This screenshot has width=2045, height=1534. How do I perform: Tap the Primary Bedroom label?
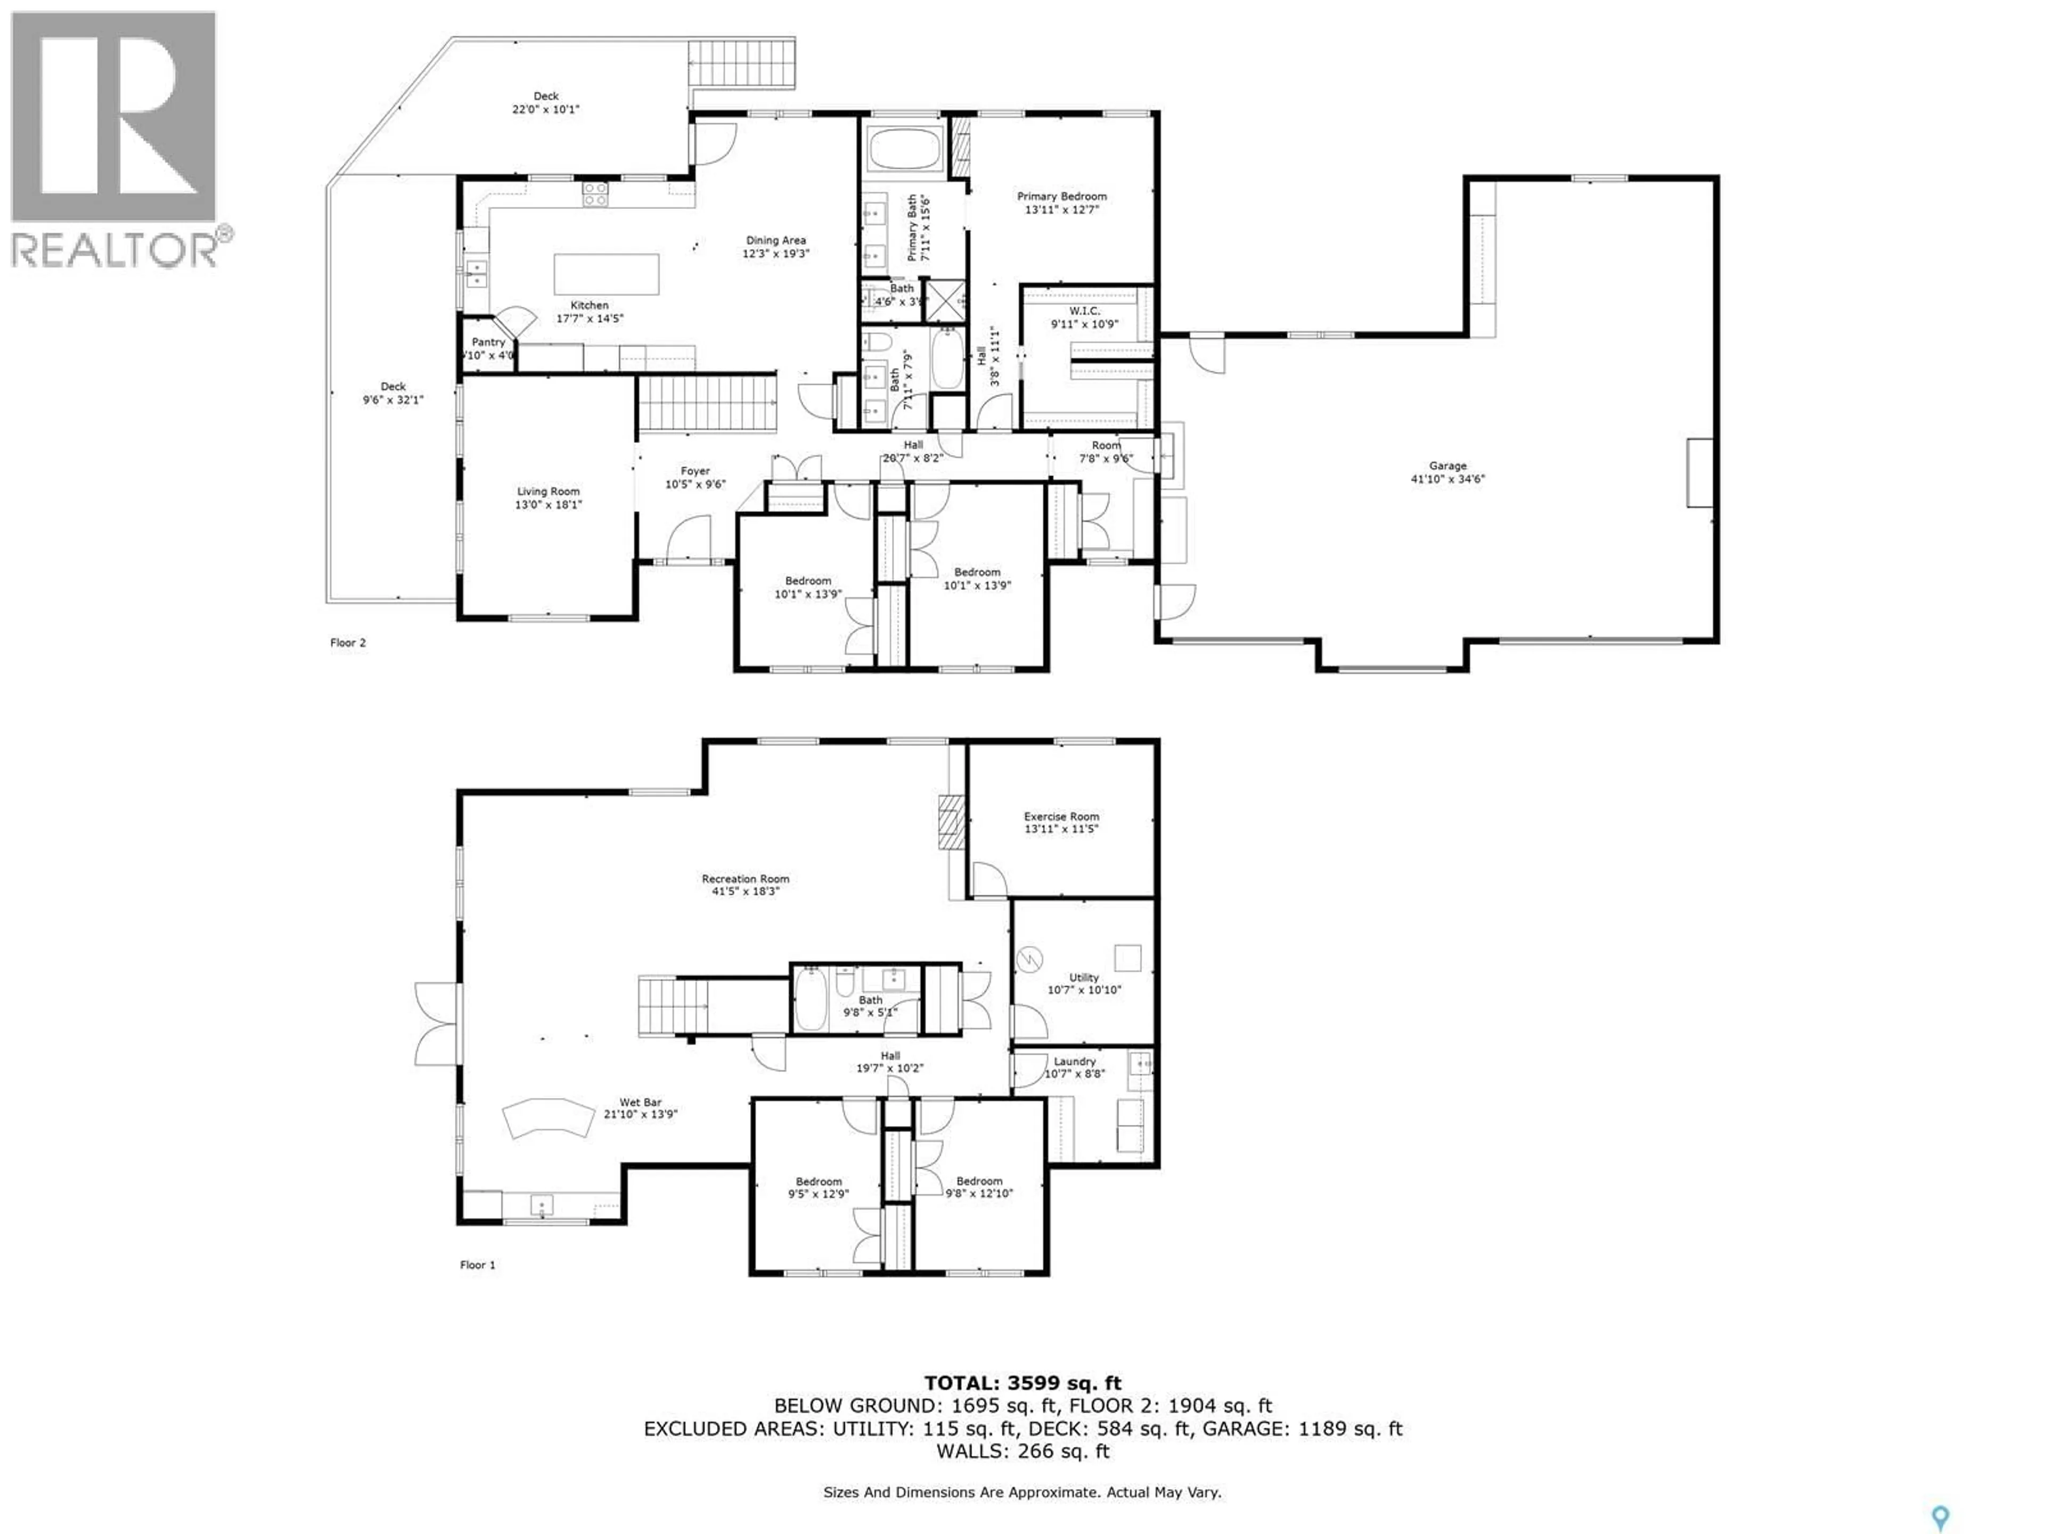pos(1061,196)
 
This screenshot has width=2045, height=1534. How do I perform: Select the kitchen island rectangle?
pos(607,274)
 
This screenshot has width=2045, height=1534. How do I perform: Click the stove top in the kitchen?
pos(594,193)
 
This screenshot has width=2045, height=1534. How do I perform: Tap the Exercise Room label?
pos(1061,817)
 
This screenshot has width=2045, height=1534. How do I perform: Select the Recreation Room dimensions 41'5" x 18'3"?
pos(745,891)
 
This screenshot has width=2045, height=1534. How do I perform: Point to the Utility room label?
pos(1084,977)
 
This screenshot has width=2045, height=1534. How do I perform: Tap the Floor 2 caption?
pos(348,643)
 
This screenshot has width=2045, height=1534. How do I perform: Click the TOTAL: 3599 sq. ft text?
pos(1023,1383)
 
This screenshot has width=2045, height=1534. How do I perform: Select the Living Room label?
pos(548,492)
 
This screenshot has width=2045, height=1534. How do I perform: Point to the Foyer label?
pos(695,471)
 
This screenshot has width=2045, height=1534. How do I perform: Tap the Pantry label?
pos(488,342)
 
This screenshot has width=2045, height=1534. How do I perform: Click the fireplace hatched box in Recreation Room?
pos(951,822)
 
